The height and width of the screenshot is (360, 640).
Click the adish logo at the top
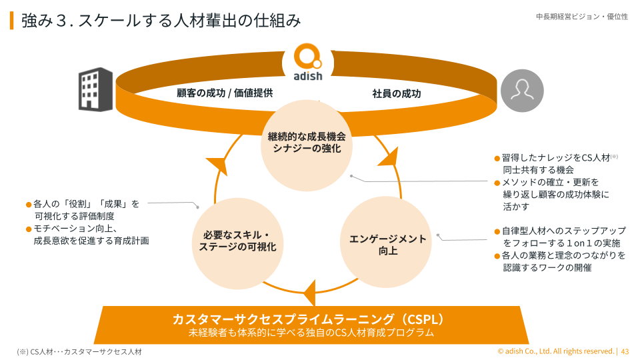(x=307, y=62)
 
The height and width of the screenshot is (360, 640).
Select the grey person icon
(x=522, y=91)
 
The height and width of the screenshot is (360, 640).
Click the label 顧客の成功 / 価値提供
(x=225, y=93)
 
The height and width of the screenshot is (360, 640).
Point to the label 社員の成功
(x=397, y=94)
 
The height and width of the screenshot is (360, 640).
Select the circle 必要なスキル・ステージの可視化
(x=237, y=241)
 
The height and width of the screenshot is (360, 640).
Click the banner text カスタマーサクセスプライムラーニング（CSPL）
(x=308, y=319)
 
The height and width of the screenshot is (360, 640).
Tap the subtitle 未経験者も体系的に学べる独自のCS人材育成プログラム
(x=311, y=332)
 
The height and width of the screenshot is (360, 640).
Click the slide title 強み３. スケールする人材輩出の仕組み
(x=161, y=21)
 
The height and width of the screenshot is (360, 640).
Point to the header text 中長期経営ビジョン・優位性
(x=581, y=17)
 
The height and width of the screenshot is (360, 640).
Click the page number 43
(x=625, y=351)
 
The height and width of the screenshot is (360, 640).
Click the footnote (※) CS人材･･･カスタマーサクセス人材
(x=79, y=351)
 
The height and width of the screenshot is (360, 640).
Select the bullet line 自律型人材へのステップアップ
(x=564, y=231)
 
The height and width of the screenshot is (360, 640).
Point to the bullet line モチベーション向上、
(x=76, y=229)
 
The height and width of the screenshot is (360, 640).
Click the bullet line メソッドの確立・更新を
(x=551, y=182)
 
